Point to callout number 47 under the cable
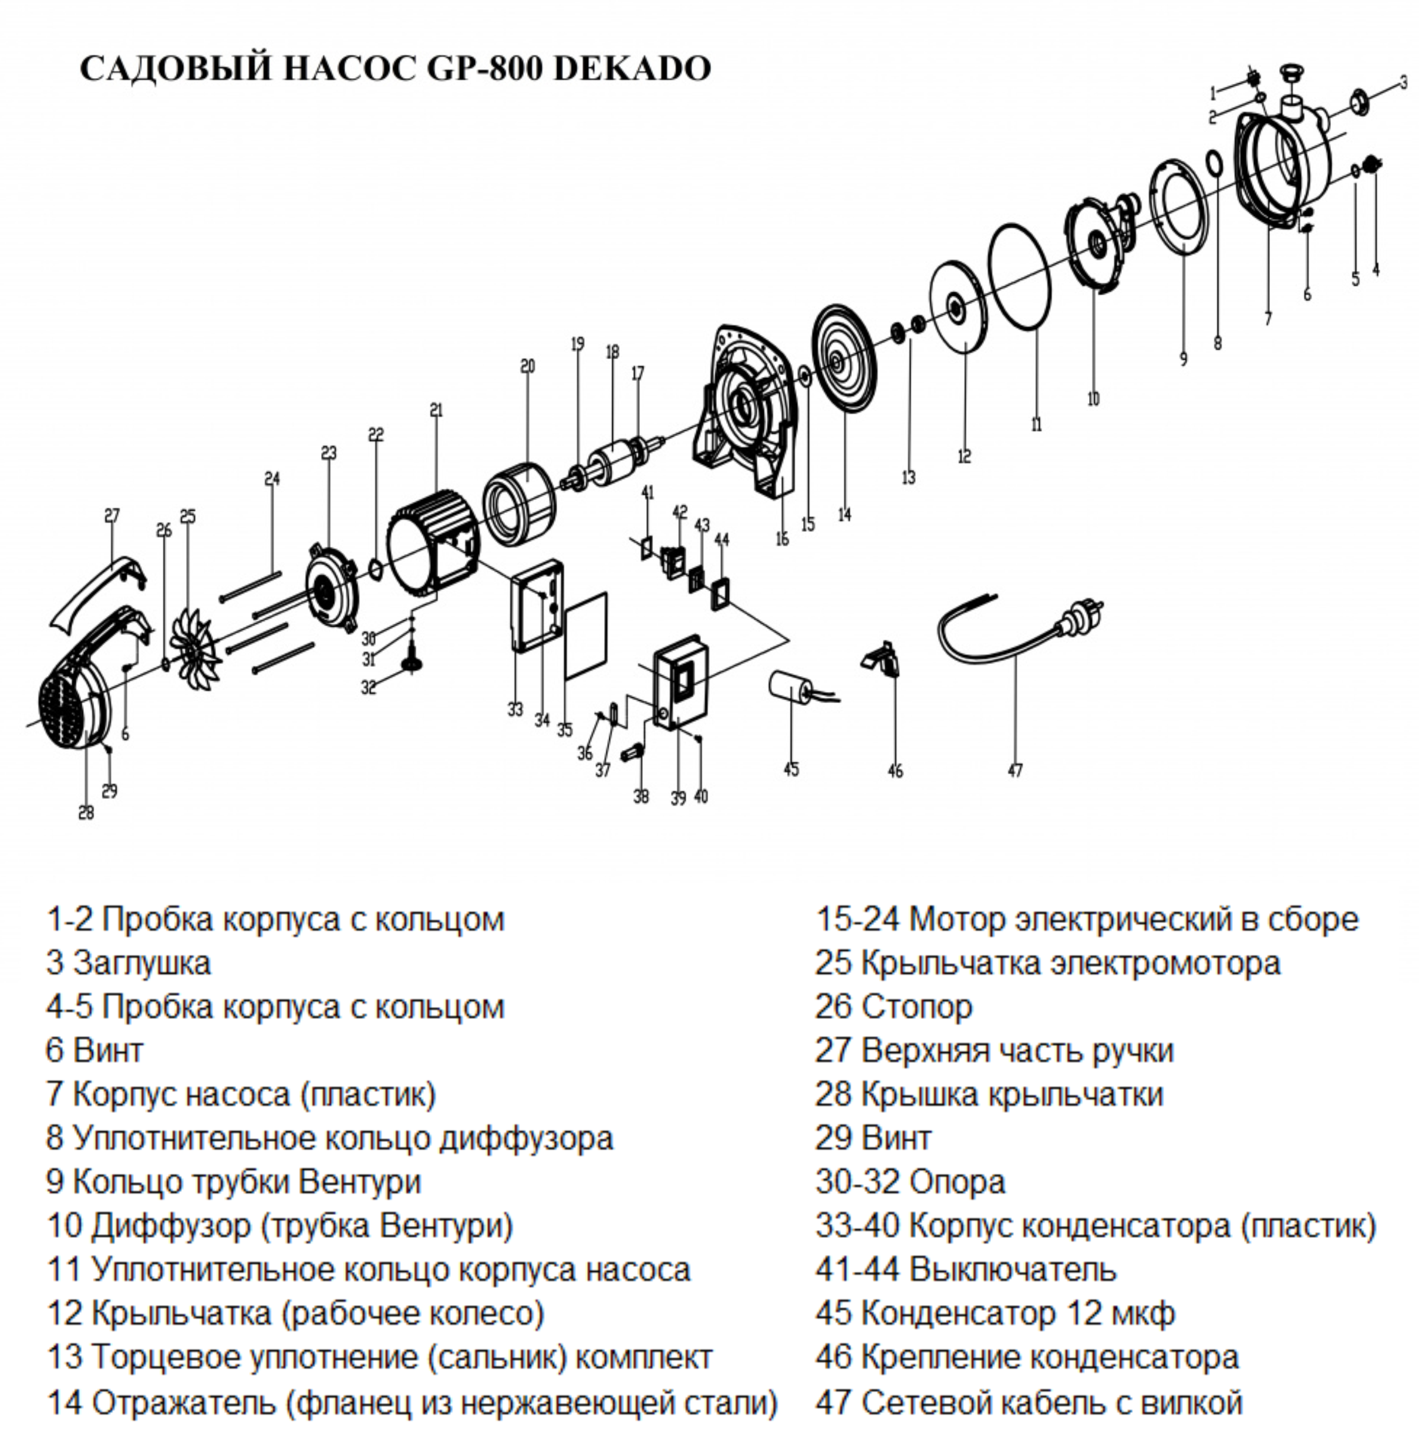pos(1015,771)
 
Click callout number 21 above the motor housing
pos(436,410)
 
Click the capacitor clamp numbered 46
pos(883,660)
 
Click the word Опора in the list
pos(958,1183)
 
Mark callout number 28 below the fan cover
pos(86,812)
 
